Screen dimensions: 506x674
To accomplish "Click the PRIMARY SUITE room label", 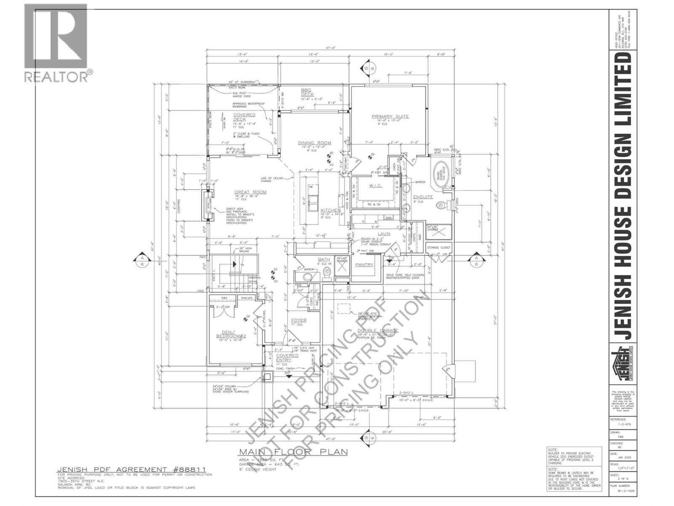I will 390,116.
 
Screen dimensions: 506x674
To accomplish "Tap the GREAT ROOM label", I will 251,192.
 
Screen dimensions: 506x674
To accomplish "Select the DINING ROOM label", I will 314,143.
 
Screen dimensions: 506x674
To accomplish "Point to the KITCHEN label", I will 330,210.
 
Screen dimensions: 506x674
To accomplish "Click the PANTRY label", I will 364,265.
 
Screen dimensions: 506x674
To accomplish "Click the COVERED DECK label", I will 244,117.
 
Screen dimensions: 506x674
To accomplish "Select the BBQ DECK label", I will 307,92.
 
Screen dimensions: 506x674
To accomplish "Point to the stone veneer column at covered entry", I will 267,376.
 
